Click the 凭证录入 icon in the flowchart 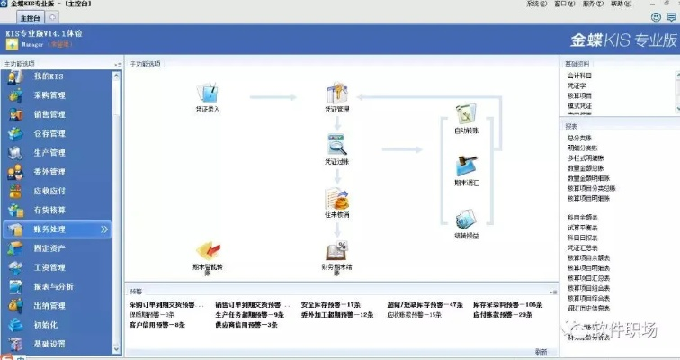[208, 92]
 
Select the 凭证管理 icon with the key [336, 92]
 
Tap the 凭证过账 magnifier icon [336, 144]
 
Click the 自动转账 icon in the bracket [466, 114]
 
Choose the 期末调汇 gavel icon [466, 166]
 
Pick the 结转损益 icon [466, 220]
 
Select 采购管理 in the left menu [49, 95]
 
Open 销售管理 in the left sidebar [49, 114]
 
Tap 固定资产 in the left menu [49, 248]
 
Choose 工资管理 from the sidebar [49, 267]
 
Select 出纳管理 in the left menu [49, 305]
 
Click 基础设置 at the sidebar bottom [49, 344]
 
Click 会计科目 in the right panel [580, 76]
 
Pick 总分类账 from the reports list [580, 138]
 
